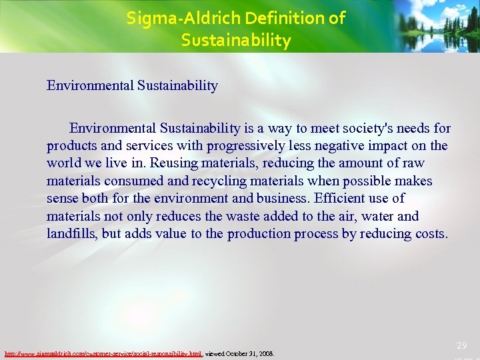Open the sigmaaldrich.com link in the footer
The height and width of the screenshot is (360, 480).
pyautogui.click(x=103, y=353)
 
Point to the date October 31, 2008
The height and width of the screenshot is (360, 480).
pyautogui.click(x=249, y=353)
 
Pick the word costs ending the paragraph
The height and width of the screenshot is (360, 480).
pyautogui.click(x=431, y=233)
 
